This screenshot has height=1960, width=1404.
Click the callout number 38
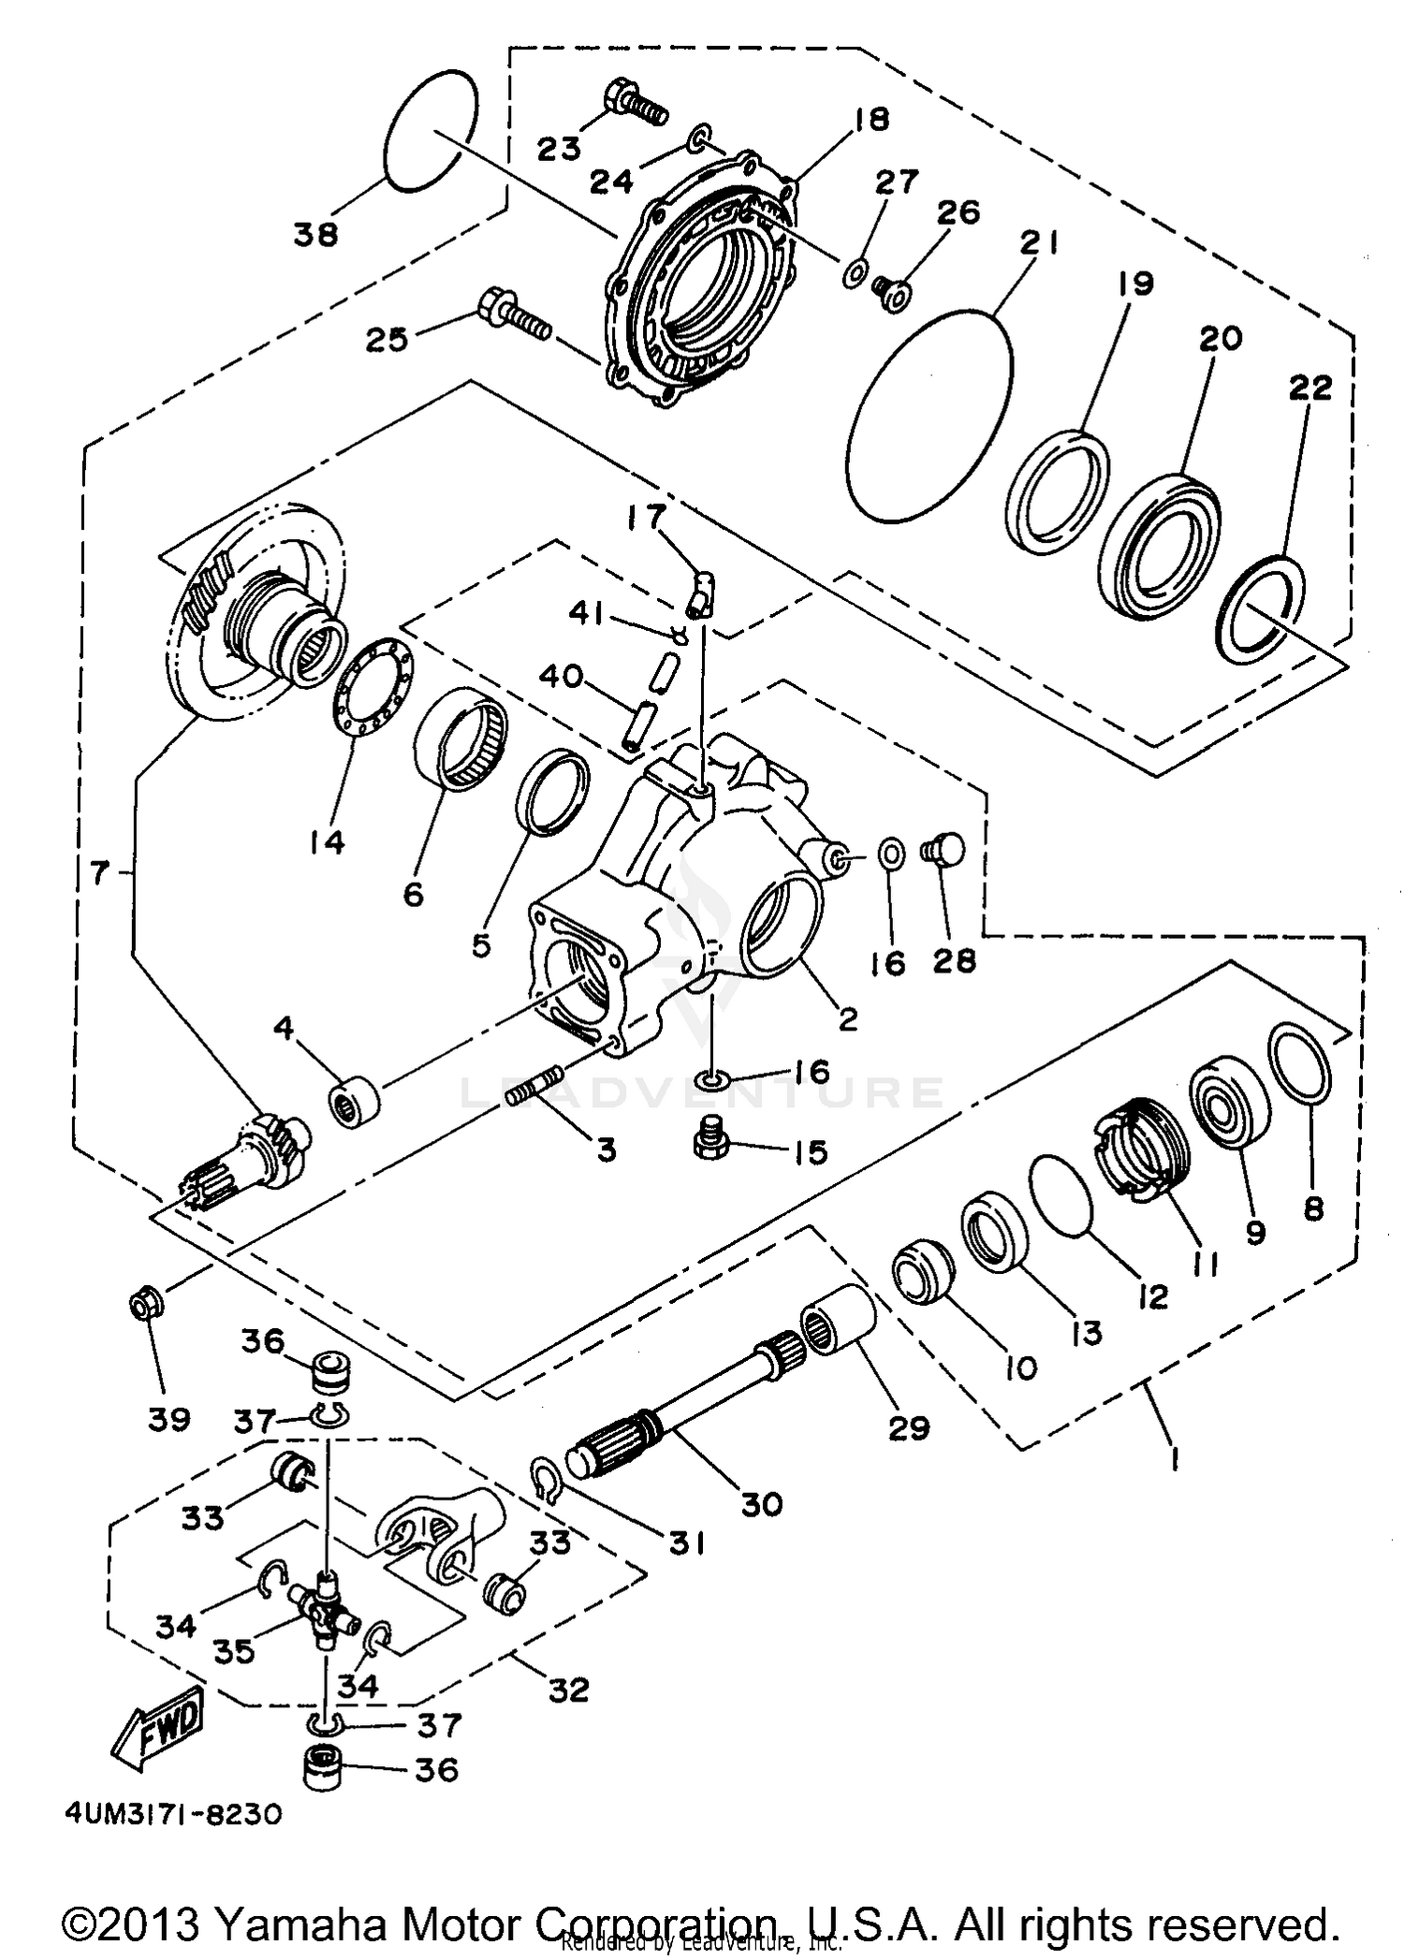pos(315,234)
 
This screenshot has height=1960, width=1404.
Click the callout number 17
pos(648,516)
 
